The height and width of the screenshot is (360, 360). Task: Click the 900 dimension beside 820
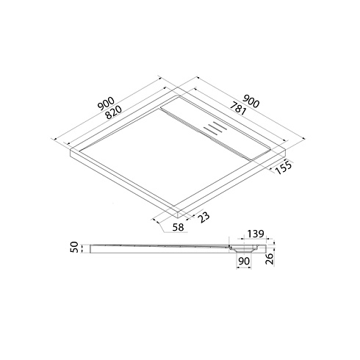[x=106, y=103]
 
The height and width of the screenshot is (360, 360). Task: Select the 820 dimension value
[x=113, y=112]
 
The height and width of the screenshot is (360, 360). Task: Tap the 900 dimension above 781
[x=251, y=101]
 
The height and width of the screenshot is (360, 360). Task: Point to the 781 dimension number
[x=237, y=108]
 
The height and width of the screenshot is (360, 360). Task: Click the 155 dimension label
[x=284, y=168]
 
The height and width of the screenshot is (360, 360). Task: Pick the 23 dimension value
[x=204, y=217]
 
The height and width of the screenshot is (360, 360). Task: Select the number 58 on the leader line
[x=178, y=228]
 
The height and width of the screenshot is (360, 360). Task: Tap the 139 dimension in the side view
[x=255, y=234]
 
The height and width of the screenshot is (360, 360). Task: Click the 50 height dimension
[x=74, y=247]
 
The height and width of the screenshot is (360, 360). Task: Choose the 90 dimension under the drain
[x=244, y=261]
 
